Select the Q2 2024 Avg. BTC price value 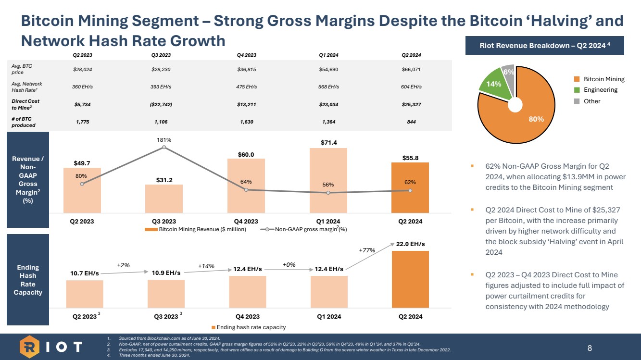click(x=411, y=69)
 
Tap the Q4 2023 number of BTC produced click(x=246, y=122)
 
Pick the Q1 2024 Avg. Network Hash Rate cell click(x=328, y=87)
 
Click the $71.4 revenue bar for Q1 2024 click(x=328, y=180)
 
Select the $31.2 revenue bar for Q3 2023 click(x=164, y=199)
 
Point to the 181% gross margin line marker click(x=164, y=147)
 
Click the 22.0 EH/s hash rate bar click(x=410, y=279)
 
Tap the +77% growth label click(x=367, y=250)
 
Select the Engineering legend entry click(x=601, y=90)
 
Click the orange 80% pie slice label click(x=536, y=119)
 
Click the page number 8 click(x=590, y=347)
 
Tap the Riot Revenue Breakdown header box click(x=545, y=46)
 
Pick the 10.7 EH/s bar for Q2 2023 click(x=85, y=294)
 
